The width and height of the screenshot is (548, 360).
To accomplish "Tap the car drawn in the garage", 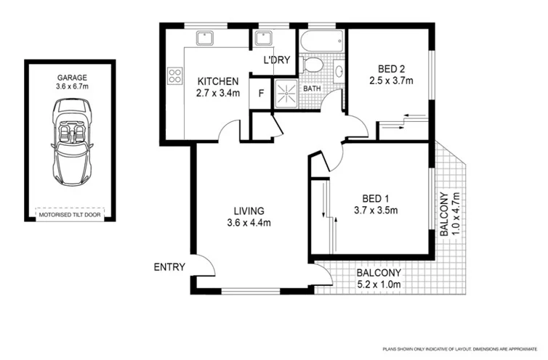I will (x=71, y=142).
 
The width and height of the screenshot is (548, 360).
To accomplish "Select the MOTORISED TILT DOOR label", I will (x=71, y=214).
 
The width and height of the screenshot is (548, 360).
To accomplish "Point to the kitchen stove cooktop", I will (x=174, y=73).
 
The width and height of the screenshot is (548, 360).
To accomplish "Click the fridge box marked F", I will (x=260, y=94).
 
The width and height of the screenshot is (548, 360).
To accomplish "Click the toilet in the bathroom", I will (x=313, y=66).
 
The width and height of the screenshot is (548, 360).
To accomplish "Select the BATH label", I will (x=312, y=89).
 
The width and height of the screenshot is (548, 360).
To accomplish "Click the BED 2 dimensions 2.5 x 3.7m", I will (x=392, y=81).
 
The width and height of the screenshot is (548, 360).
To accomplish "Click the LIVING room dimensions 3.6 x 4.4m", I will (x=249, y=223).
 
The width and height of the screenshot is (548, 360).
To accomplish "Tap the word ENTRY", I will (x=169, y=267).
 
